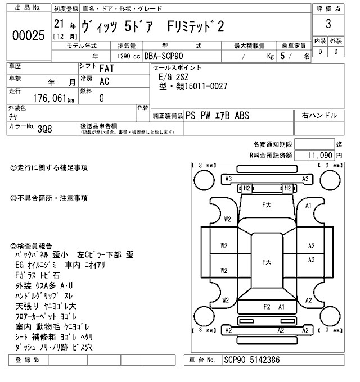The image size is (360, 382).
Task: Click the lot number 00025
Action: [28, 35]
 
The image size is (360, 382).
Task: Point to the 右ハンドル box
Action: [319, 116]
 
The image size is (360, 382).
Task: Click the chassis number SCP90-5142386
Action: [251, 360]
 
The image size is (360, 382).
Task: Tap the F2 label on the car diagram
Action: [267, 307]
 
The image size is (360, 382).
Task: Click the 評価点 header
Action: [328, 8]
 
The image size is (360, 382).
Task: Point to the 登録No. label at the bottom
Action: [28, 360]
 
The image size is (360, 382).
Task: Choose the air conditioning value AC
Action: [105, 82]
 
